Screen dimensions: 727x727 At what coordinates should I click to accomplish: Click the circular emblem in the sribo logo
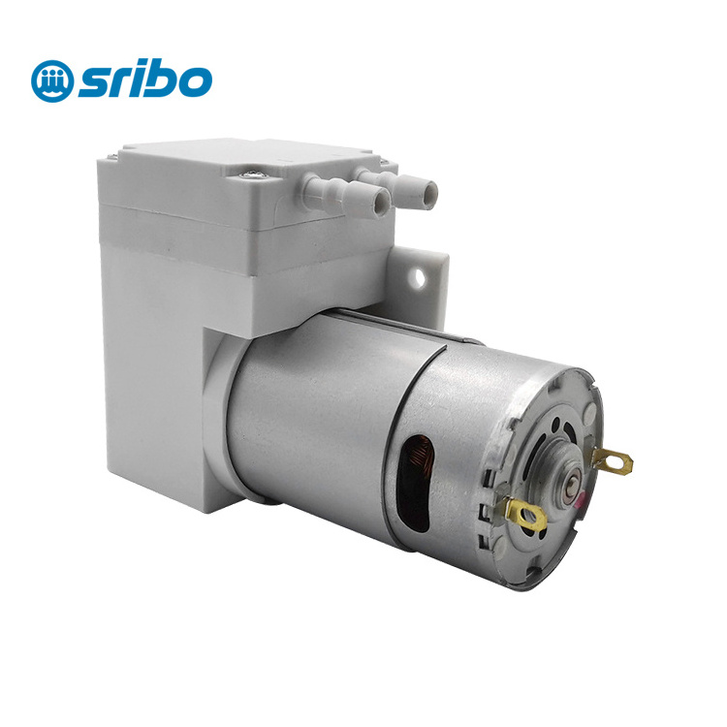(52, 80)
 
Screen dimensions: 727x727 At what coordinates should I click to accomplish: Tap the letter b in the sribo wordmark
(160, 78)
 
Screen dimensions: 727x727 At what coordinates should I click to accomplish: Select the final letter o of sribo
(195, 81)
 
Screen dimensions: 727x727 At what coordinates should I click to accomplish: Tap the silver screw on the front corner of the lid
(251, 174)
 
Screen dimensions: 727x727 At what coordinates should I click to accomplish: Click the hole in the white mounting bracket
(420, 277)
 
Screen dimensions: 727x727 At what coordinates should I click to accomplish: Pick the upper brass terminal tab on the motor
(613, 460)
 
